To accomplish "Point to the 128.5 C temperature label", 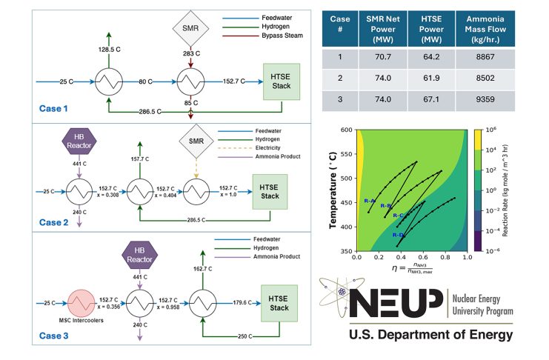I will coord(109,48).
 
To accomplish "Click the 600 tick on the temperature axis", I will coord(346,130).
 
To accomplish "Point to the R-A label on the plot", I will coord(369,201).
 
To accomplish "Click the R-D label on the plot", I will coord(398,235).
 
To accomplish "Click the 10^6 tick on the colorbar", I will coord(499,130).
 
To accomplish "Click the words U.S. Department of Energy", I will coord(431,335).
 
